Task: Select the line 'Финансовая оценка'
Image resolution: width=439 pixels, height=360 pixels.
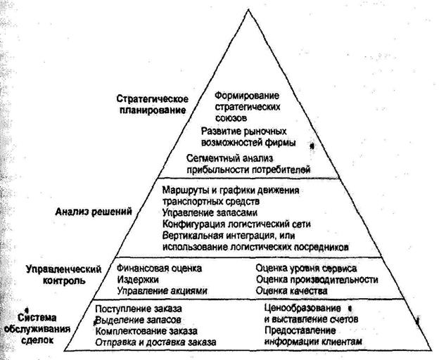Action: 159,269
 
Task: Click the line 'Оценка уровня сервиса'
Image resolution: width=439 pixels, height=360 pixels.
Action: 306,269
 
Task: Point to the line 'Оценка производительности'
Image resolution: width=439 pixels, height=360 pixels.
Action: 317,280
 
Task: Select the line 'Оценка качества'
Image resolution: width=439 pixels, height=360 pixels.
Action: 291,291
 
